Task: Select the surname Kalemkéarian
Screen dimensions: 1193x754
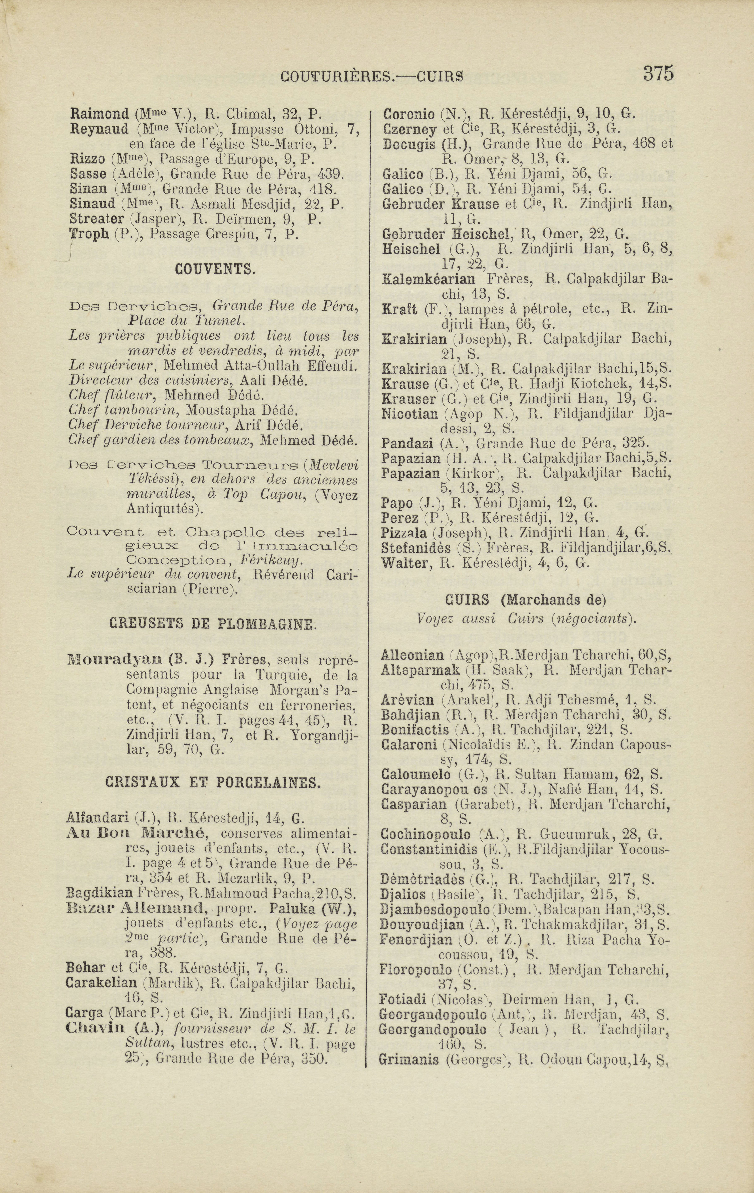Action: pos(428,279)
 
